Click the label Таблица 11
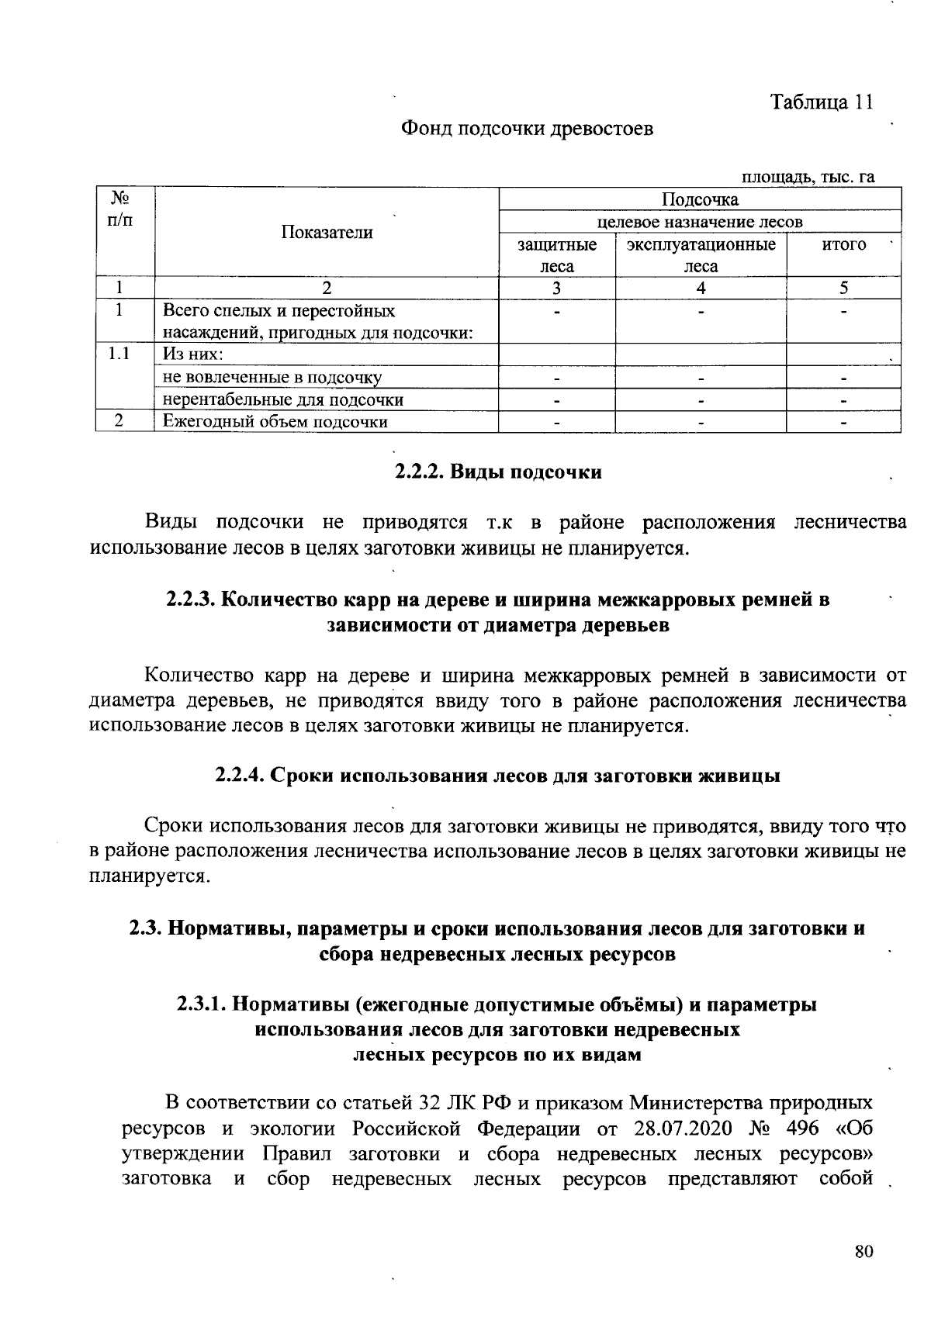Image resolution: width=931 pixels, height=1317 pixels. [822, 102]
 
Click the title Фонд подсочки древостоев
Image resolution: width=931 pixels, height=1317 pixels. [527, 129]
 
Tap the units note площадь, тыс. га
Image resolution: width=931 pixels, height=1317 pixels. [808, 178]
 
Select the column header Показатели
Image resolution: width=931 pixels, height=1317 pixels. [327, 233]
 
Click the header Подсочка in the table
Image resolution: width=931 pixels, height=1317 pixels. [700, 200]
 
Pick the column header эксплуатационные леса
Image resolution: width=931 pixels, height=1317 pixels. [701, 255]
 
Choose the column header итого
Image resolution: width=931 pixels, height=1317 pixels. [843, 245]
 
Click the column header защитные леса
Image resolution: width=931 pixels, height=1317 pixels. [557, 255]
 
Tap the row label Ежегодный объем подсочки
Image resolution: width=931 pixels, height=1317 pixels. [275, 422]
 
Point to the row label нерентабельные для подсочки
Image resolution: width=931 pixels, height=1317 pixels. [283, 400]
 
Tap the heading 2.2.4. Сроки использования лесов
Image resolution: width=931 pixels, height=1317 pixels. [497, 776]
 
